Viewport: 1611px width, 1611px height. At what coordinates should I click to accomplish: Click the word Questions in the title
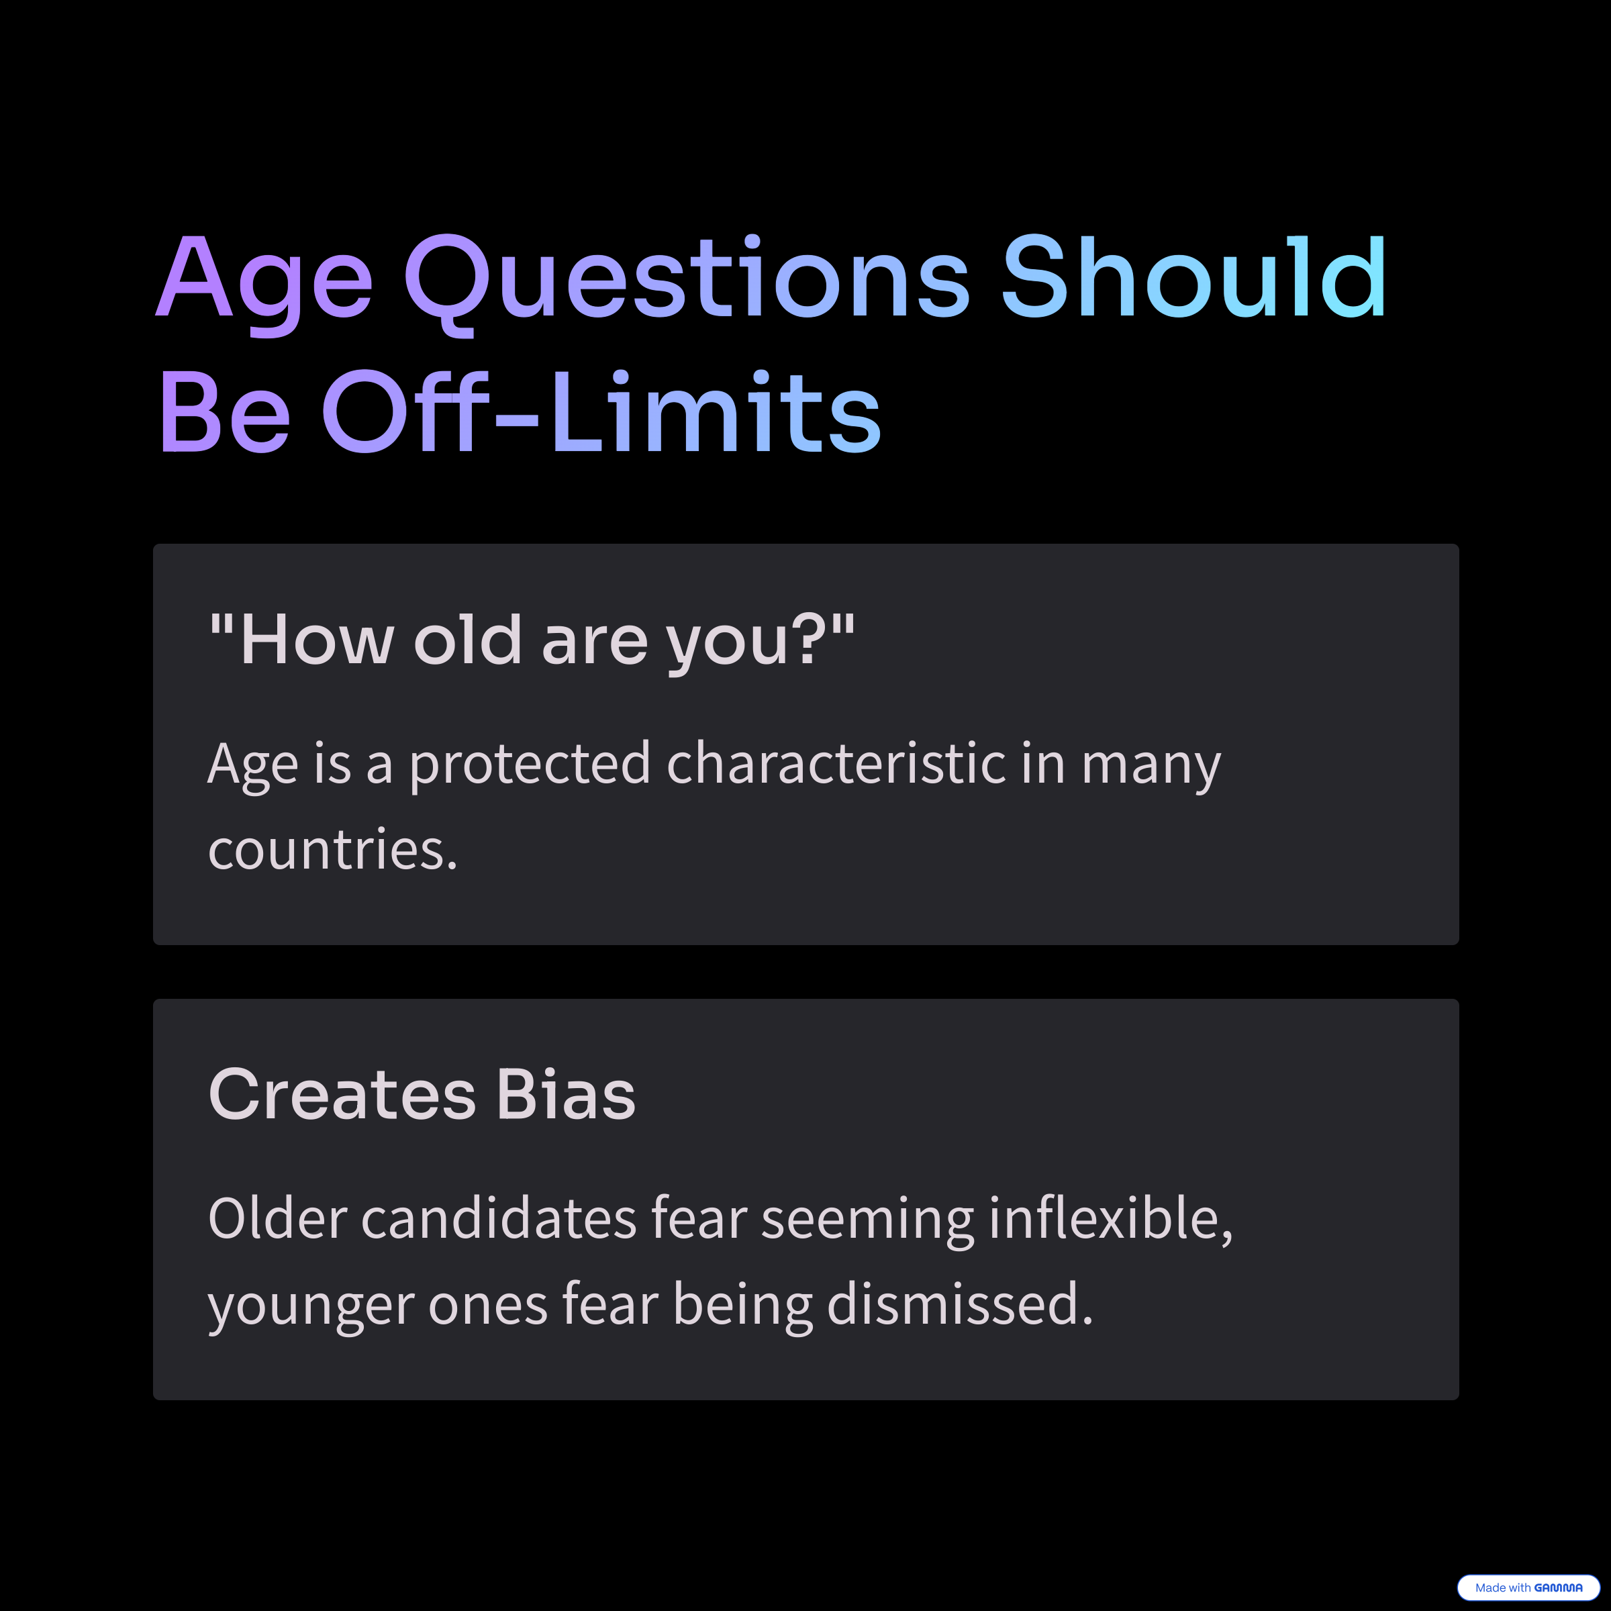click(x=687, y=283)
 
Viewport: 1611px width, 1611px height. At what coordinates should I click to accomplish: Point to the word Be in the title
click(x=224, y=413)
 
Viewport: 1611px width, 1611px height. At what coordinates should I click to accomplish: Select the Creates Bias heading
click(x=422, y=1094)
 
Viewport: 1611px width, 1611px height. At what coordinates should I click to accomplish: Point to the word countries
click(x=333, y=850)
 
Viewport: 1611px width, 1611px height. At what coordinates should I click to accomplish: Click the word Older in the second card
click(x=277, y=1218)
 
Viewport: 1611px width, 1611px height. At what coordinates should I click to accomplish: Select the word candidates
click(x=499, y=1218)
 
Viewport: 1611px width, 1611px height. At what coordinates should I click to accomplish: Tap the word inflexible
click(x=1110, y=1220)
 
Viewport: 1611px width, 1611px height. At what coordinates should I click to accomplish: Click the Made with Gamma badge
click(x=1528, y=1587)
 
